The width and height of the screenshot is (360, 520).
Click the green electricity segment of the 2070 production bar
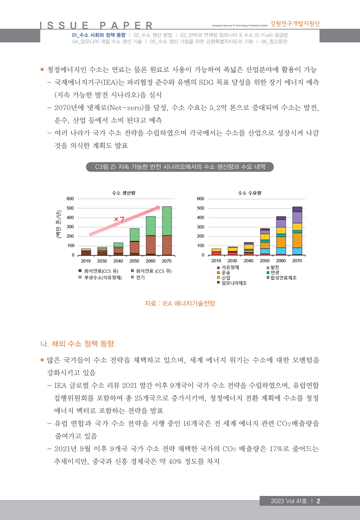pyautogui.click(x=167, y=221)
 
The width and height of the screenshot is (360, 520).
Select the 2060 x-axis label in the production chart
pyautogui.click(x=151, y=261)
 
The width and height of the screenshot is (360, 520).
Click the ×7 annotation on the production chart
pyautogui.click(x=119, y=219)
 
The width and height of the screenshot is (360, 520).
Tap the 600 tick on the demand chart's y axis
pyautogui.click(x=200, y=199)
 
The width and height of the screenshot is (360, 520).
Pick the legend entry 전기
pyautogui.click(x=140, y=277)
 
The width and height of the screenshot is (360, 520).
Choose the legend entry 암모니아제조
pyautogui.click(x=234, y=283)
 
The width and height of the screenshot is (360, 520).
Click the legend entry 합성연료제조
pyautogui.click(x=283, y=278)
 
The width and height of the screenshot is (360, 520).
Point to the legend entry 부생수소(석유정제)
pyautogui.click(x=103, y=277)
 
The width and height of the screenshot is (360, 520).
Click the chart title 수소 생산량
pyautogui.click(x=123, y=193)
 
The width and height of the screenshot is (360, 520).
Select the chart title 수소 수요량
pyautogui.click(x=249, y=193)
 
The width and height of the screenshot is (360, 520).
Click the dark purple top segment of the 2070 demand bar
pyautogui.click(x=297, y=209)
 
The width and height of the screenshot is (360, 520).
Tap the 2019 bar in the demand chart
pyautogui.click(x=216, y=252)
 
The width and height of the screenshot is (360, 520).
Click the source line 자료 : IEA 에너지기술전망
pyautogui.click(x=180, y=304)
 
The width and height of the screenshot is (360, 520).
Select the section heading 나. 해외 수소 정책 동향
pyautogui.click(x=77, y=344)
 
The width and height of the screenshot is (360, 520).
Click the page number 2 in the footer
pyautogui.click(x=318, y=501)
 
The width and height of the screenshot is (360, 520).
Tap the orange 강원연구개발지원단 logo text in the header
pyautogui.click(x=295, y=23)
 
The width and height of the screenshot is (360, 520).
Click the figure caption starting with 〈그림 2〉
pyautogui.click(x=180, y=167)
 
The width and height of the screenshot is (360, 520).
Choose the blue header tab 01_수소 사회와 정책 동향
pyautogui.click(x=99, y=35)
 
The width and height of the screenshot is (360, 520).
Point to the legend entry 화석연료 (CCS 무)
pyautogui.click(x=154, y=271)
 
